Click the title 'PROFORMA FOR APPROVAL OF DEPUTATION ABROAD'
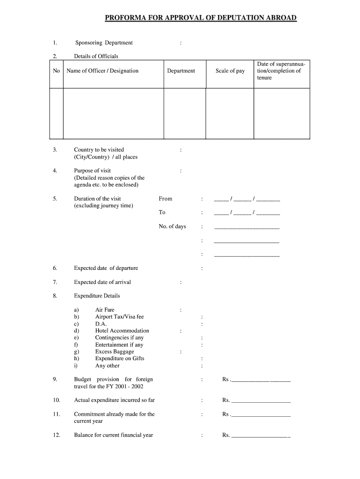tap(201, 18)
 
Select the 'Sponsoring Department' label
tap(104, 43)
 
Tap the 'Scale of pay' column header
tap(230, 71)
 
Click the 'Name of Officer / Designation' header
tap(103, 71)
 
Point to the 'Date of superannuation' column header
tap(281, 71)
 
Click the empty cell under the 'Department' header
tap(185, 113)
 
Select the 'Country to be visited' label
tap(99, 150)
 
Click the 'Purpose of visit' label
tap(92, 171)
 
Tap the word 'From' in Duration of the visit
tap(166, 199)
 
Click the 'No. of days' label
tap(172, 226)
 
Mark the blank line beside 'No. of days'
tap(246, 227)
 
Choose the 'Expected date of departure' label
tap(106, 268)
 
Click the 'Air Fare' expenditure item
tap(105, 310)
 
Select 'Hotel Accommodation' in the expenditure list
tap(122, 331)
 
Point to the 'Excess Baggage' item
tap(115, 352)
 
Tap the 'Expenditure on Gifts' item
tap(120, 359)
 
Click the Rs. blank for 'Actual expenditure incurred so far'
tap(261, 401)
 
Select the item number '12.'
tap(56, 435)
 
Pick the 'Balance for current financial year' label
tap(114, 435)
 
